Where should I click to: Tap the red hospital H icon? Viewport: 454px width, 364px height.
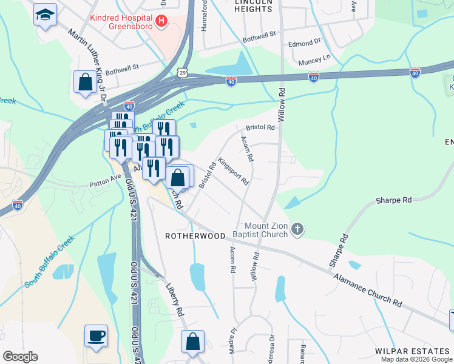point(161,22)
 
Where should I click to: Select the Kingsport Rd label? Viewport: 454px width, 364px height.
point(234,172)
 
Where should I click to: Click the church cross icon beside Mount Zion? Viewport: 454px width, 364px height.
point(297,229)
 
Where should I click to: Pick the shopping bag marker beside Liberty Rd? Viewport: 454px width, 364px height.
point(192,341)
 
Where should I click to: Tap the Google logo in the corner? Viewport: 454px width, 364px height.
point(20,357)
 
